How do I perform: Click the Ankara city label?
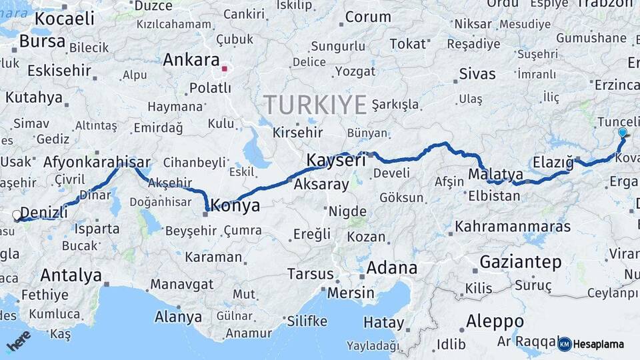pyautogui.click(x=191, y=59)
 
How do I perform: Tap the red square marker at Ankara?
pyautogui.click(x=225, y=68)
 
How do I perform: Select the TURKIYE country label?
pyautogui.click(x=315, y=105)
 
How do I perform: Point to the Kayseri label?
pyautogui.click(x=336, y=160)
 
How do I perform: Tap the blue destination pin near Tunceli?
pyautogui.click(x=622, y=133)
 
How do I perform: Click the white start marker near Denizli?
pyautogui.click(x=17, y=215)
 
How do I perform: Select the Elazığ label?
pyautogui.click(x=553, y=162)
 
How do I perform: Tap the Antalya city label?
pyautogui.click(x=71, y=275)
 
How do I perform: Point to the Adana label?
pyautogui.click(x=391, y=269)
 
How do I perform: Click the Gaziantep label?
pyautogui.click(x=521, y=262)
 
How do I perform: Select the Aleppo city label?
pyautogui.click(x=495, y=321)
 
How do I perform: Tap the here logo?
pyautogui.click(x=18, y=341)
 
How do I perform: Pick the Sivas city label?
pyautogui.click(x=477, y=73)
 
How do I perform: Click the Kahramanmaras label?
pyautogui.click(x=513, y=227)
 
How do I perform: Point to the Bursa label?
pyautogui.click(x=42, y=41)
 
